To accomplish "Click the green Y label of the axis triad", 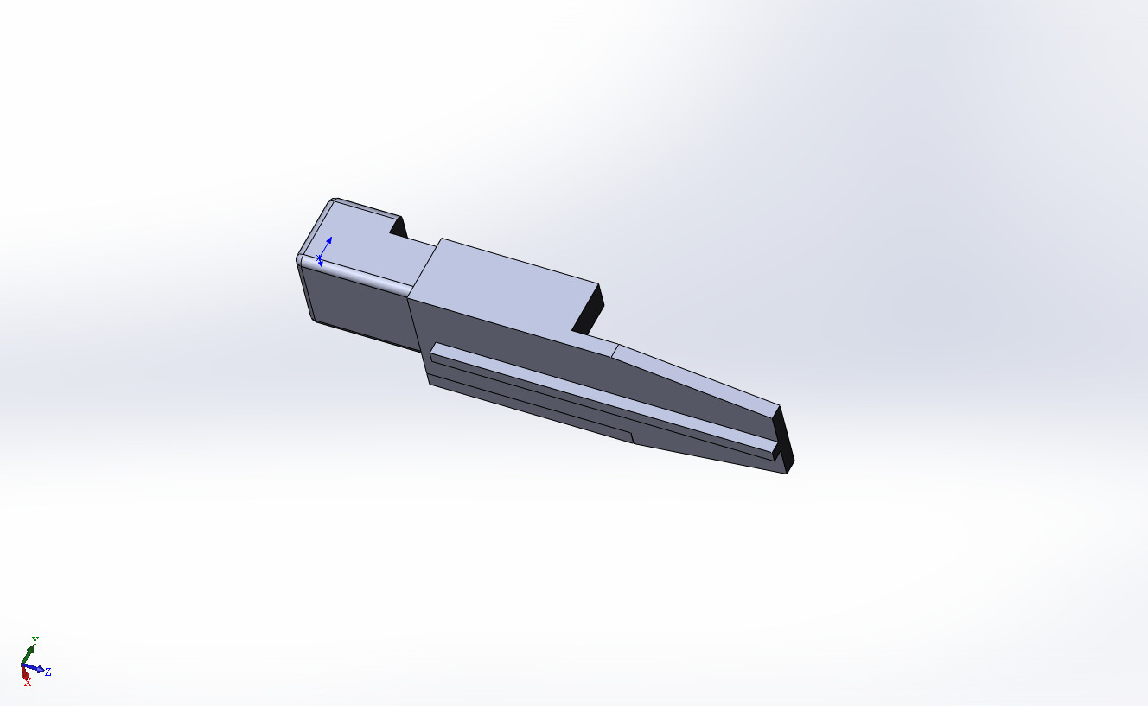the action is click(x=35, y=640).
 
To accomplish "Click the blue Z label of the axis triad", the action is click(x=48, y=671).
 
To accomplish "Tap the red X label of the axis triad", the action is click(x=28, y=683).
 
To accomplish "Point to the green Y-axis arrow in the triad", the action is click(x=29, y=654).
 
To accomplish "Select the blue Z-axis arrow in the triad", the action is click(x=34, y=668).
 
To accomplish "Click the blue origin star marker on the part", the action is click(x=319, y=258).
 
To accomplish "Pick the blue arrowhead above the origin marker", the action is click(x=329, y=239).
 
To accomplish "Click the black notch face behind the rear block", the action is click(x=399, y=227).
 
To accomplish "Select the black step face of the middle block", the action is click(x=589, y=309).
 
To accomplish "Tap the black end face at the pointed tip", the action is click(x=785, y=439).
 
